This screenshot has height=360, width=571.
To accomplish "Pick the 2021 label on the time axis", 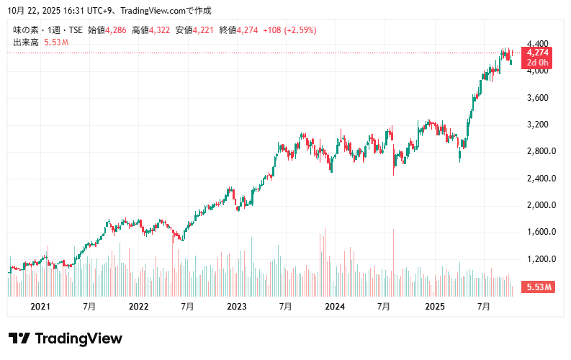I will point(40,306).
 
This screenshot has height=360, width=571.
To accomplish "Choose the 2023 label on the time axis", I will point(237,306).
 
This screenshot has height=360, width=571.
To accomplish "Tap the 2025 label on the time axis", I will point(435,306).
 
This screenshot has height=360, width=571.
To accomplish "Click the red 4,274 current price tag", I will point(539,53).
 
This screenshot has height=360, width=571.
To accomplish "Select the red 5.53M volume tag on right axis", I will point(539,287).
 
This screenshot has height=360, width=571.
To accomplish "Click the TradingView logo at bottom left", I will point(65,338).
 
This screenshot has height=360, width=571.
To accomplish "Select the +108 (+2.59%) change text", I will point(289,30).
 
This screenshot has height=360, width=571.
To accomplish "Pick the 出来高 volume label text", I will point(26,42).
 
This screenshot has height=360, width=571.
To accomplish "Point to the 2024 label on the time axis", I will point(336,306).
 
